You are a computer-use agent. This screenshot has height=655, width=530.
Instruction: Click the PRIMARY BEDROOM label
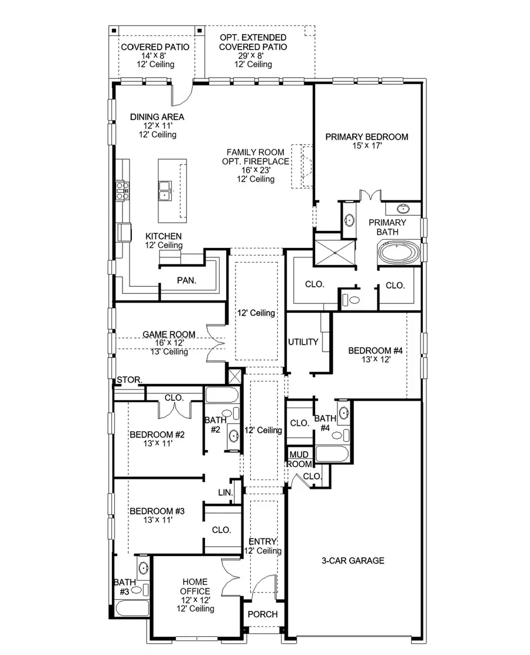coord(366,137)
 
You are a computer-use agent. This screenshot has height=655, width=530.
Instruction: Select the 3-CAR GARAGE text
coord(353,560)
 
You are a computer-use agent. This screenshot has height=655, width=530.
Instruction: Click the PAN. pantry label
coord(187,280)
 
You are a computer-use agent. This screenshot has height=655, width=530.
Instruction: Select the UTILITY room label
coord(303,342)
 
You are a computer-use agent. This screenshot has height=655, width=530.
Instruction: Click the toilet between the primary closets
coord(354,299)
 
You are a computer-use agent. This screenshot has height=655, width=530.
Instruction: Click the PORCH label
coord(263,614)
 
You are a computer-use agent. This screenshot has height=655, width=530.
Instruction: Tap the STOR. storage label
coord(130,380)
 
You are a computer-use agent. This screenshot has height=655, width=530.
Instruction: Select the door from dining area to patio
coord(183,93)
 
